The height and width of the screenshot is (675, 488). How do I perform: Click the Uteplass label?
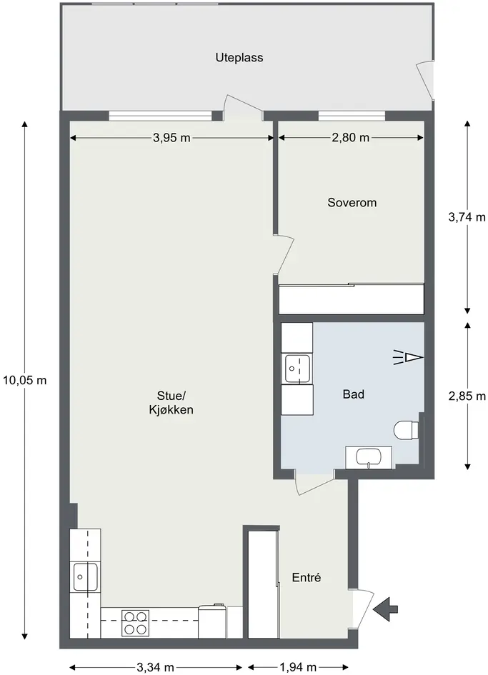[239, 58]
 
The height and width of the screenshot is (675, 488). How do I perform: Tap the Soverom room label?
[352, 202]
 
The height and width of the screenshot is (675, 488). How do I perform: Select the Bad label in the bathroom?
[354, 394]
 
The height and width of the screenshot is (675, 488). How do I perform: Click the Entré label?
[307, 577]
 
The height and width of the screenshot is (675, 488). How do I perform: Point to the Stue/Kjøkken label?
[171, 403]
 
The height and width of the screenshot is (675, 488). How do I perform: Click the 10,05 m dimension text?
[24, 381]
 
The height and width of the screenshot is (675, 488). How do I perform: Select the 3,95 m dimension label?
[171, 138]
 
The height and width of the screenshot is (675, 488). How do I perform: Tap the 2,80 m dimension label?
[351, 138]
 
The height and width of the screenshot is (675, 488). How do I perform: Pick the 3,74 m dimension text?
[467, 217]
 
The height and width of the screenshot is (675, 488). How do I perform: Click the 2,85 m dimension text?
[467, 396]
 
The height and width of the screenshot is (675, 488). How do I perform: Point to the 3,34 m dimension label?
[156, 667]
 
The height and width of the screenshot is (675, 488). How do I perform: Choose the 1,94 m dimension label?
[298, 667]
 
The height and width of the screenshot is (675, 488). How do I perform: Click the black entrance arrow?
[386, 609]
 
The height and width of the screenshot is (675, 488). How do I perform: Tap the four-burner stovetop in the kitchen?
[135, 623]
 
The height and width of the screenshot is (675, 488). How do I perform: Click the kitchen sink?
[85, 576]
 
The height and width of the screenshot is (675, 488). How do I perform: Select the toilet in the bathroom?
[406, 429]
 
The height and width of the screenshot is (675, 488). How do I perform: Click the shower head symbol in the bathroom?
[408, 358]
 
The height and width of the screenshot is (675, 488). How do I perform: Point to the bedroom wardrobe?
[352, 299]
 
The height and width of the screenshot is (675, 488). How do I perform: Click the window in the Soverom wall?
[352, 116]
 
